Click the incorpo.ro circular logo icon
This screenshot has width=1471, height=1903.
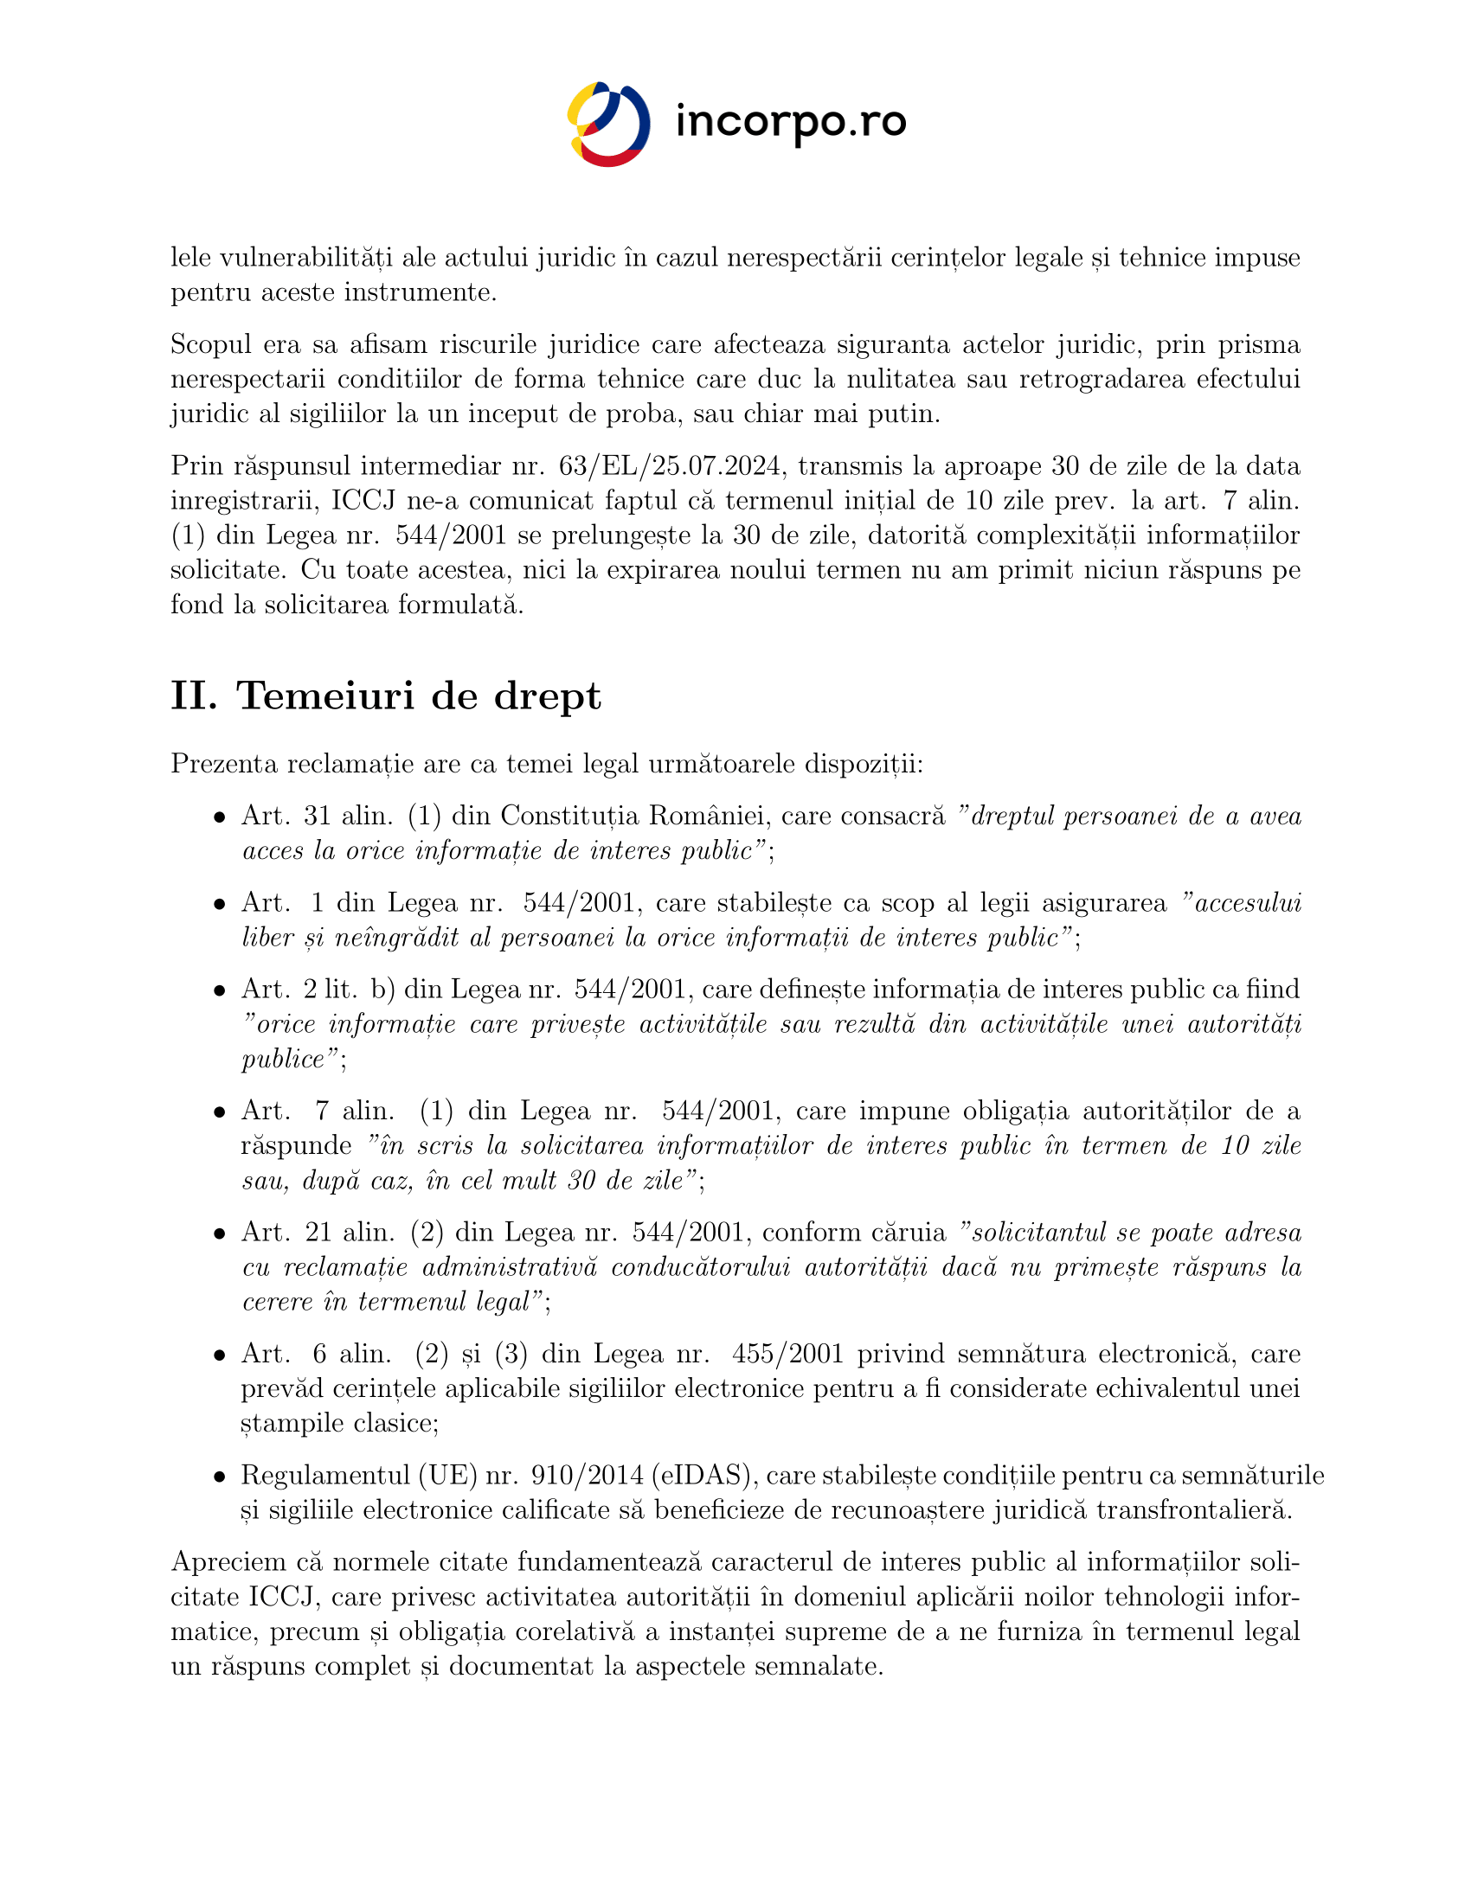point(608,124)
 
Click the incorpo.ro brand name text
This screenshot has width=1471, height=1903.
point(790,123)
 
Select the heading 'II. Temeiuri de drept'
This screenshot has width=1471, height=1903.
point(385,696)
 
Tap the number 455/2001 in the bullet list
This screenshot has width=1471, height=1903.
point(787,1353)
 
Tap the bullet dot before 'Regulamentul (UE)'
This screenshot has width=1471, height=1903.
point(221,1476)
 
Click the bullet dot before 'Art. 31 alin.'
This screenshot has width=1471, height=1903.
point(221,817)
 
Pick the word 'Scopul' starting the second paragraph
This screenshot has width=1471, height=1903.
point(209,345)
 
